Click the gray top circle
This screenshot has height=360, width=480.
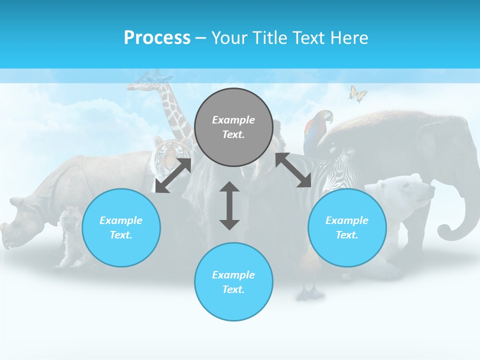pos(233,127)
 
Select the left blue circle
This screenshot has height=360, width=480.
pos(121,227)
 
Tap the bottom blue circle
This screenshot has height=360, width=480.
pos(233,282)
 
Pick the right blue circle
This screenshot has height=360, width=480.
pos(347,227)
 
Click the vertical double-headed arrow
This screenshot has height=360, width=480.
pos(229,205)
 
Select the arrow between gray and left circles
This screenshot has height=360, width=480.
pos(173,175)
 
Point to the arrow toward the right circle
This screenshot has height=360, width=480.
pos(293,170)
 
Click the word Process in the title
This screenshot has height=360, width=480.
pos(157,37)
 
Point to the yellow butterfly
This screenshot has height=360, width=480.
pos(357,93)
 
